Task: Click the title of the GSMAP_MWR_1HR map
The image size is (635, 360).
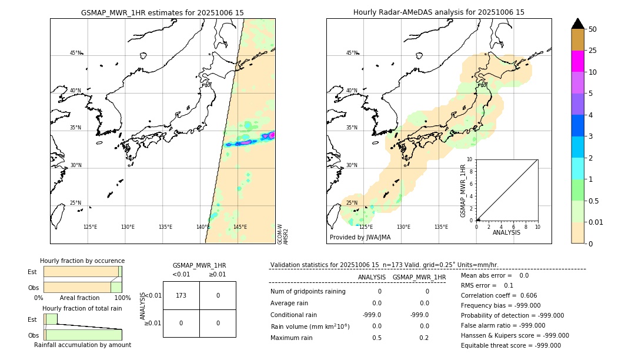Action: tap(162, 12)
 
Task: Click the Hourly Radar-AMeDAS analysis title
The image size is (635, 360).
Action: tap(439, 12)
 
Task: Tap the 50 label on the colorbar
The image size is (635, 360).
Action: tap(593, 29)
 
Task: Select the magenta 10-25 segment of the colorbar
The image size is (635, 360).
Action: tap(577, 61)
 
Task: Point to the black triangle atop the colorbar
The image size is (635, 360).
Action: tap(577, 24)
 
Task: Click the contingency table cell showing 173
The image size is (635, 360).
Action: tap(181, 295)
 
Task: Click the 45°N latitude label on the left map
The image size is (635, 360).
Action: tap(76, 53)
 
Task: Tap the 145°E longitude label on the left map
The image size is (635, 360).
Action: tap(240, 227)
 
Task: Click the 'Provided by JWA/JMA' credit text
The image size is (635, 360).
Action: tap(360, 238)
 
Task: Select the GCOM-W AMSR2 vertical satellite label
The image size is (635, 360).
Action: tap(283, 233)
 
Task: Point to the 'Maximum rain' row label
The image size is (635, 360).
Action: tap(292, 338)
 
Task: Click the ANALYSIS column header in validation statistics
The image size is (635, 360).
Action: tap(372, 277)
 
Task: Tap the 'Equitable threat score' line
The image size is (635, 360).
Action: tap(510, 345)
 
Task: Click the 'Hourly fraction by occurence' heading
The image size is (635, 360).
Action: tap(82, 261)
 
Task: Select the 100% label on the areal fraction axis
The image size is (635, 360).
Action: tap(122, 298)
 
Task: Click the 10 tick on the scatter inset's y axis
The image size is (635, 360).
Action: tap(470, 159)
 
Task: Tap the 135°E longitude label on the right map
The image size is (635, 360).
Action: tap(441, 227)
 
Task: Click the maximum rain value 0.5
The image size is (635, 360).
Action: tap(376, 338)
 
